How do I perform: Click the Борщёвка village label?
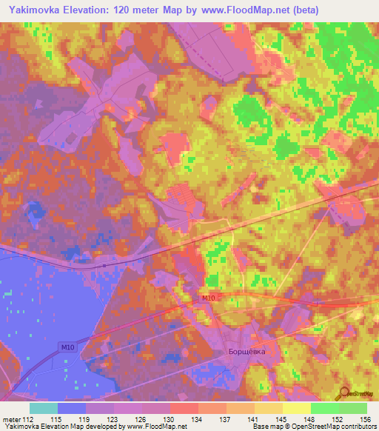point(245,353)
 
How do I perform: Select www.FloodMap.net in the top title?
point(243,10)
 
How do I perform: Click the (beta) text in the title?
point(315,10)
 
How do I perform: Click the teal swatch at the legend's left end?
point(44,408)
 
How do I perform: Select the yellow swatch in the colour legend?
point(297,408)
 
